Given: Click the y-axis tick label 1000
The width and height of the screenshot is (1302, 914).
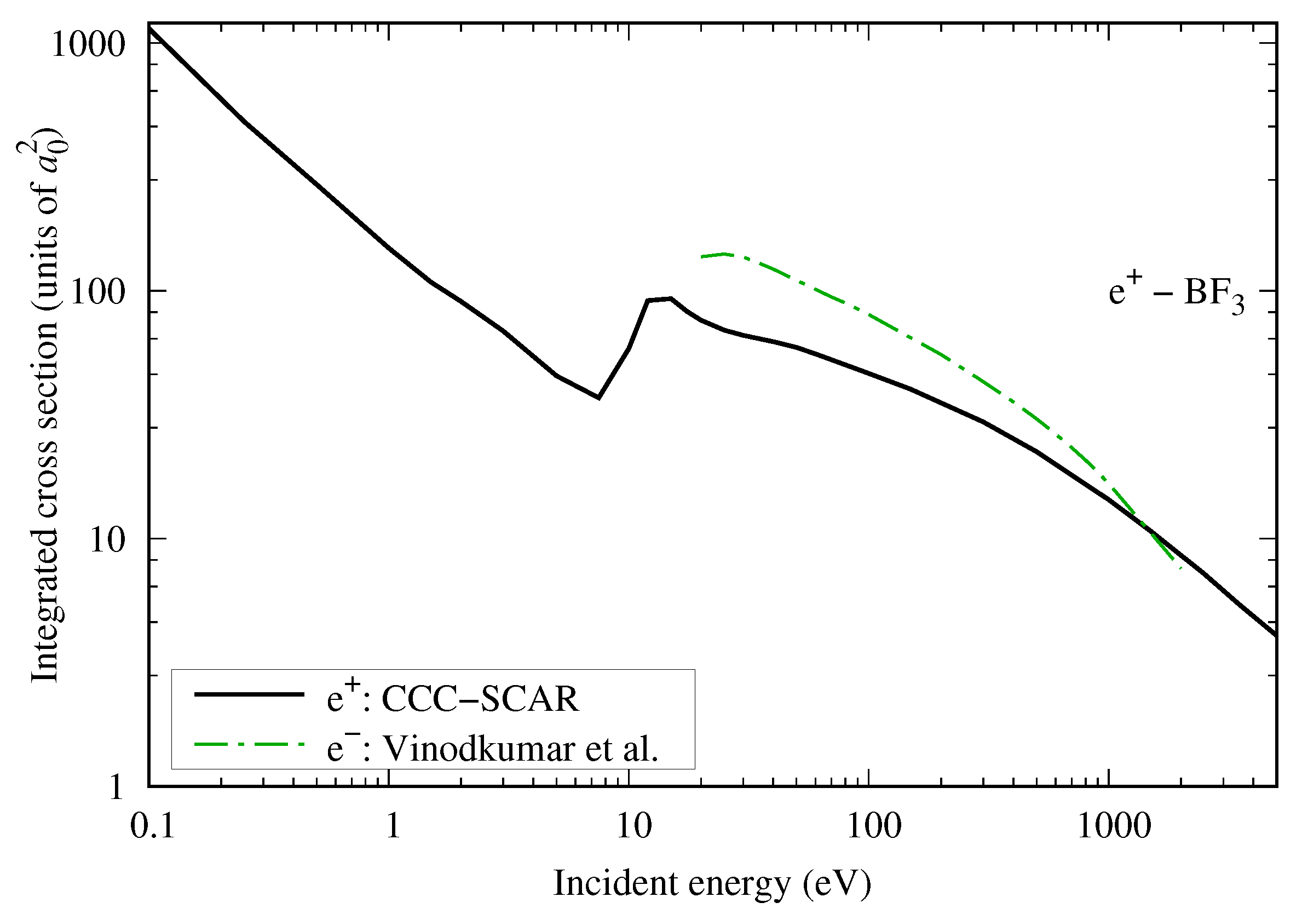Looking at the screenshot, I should (x=88, y=44).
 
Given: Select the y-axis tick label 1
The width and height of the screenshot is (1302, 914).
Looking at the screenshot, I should (x=116, y=787).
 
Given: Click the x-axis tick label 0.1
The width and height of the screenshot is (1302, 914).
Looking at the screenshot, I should (x=152, y=826).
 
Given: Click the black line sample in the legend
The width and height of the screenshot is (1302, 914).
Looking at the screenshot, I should (x=250, y=695).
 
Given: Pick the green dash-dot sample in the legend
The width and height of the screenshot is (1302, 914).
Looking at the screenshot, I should (x=250, y=744).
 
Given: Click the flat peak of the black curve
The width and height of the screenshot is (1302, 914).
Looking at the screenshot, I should (x=660, y=300).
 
